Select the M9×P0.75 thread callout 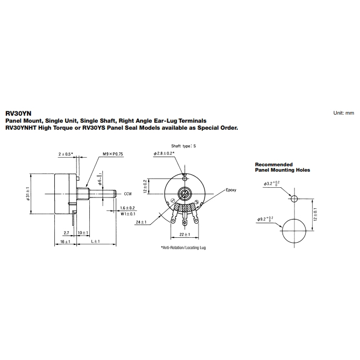pyautogui.click(x=112, y=154)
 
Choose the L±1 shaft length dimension pyautogui.click(x=95, y=242)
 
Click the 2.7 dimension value pyautogui.click(x=66, y=232)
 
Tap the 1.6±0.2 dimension pyautogui.click(x=128, y=208)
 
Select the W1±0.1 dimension pyautogui.click(x=128, y=214)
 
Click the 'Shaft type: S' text pyautogui.click(x=184, y=146)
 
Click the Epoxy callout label pyautogui.click(x=231, y=190)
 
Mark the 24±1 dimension pyautogui.click(x=142, y=222)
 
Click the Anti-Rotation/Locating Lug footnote pyautogui.click(x=183, y=248)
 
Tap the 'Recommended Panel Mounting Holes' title pyautogui.click(x=283, y=167)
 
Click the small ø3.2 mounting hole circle pyautogui.click(x=294, y=199)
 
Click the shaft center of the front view pyautogui.click(x=185, y=194)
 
